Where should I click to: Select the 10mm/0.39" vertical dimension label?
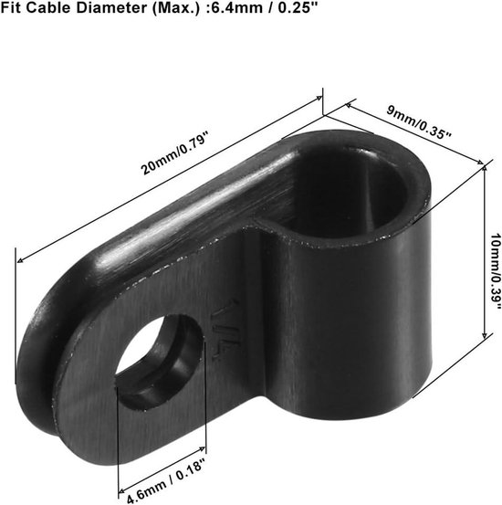pyautogui.click(x=495, y=271)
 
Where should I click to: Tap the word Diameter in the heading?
pyautogui.click(x=111, y=8)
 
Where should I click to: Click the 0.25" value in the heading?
pyautogui.click(x=298, y=8)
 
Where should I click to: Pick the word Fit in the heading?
pyautogui.click(x=11, y=8)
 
